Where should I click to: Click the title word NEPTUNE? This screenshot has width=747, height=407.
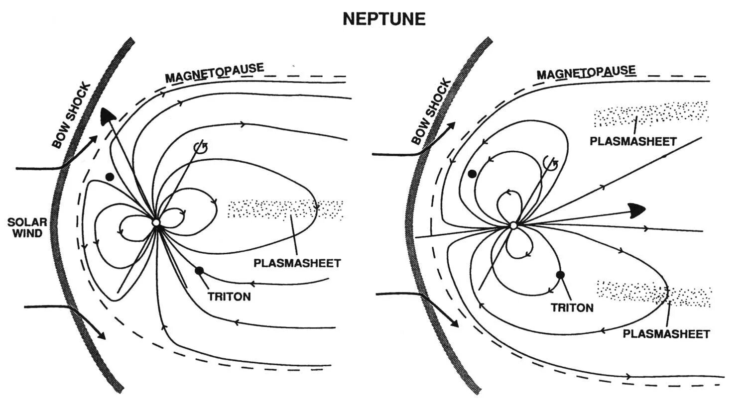tap(384, 19)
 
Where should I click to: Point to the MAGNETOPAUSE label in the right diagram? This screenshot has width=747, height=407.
tap(586, 73)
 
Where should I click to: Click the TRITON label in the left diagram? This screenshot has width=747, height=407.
tap(229, 297)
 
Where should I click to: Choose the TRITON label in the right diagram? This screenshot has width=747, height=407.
tap(572, 307)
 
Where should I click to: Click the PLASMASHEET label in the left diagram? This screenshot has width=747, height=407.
tap(297, 263)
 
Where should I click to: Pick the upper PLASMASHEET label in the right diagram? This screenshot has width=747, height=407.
tap(633, 141)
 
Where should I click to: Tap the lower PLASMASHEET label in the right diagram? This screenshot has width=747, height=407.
tap(666, 333)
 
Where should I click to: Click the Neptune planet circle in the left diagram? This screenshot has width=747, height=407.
tap(156, 222)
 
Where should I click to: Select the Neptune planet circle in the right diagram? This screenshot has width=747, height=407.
tap(513, 225)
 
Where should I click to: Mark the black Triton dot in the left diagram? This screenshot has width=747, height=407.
tap(200, 271)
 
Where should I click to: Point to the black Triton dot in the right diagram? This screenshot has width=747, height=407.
tap(560, 274)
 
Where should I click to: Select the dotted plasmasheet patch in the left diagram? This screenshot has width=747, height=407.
tap(285, 209)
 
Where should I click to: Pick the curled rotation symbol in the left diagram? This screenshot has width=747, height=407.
tap(201, 147)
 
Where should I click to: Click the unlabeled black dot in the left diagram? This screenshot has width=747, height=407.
tap(110, 177)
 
